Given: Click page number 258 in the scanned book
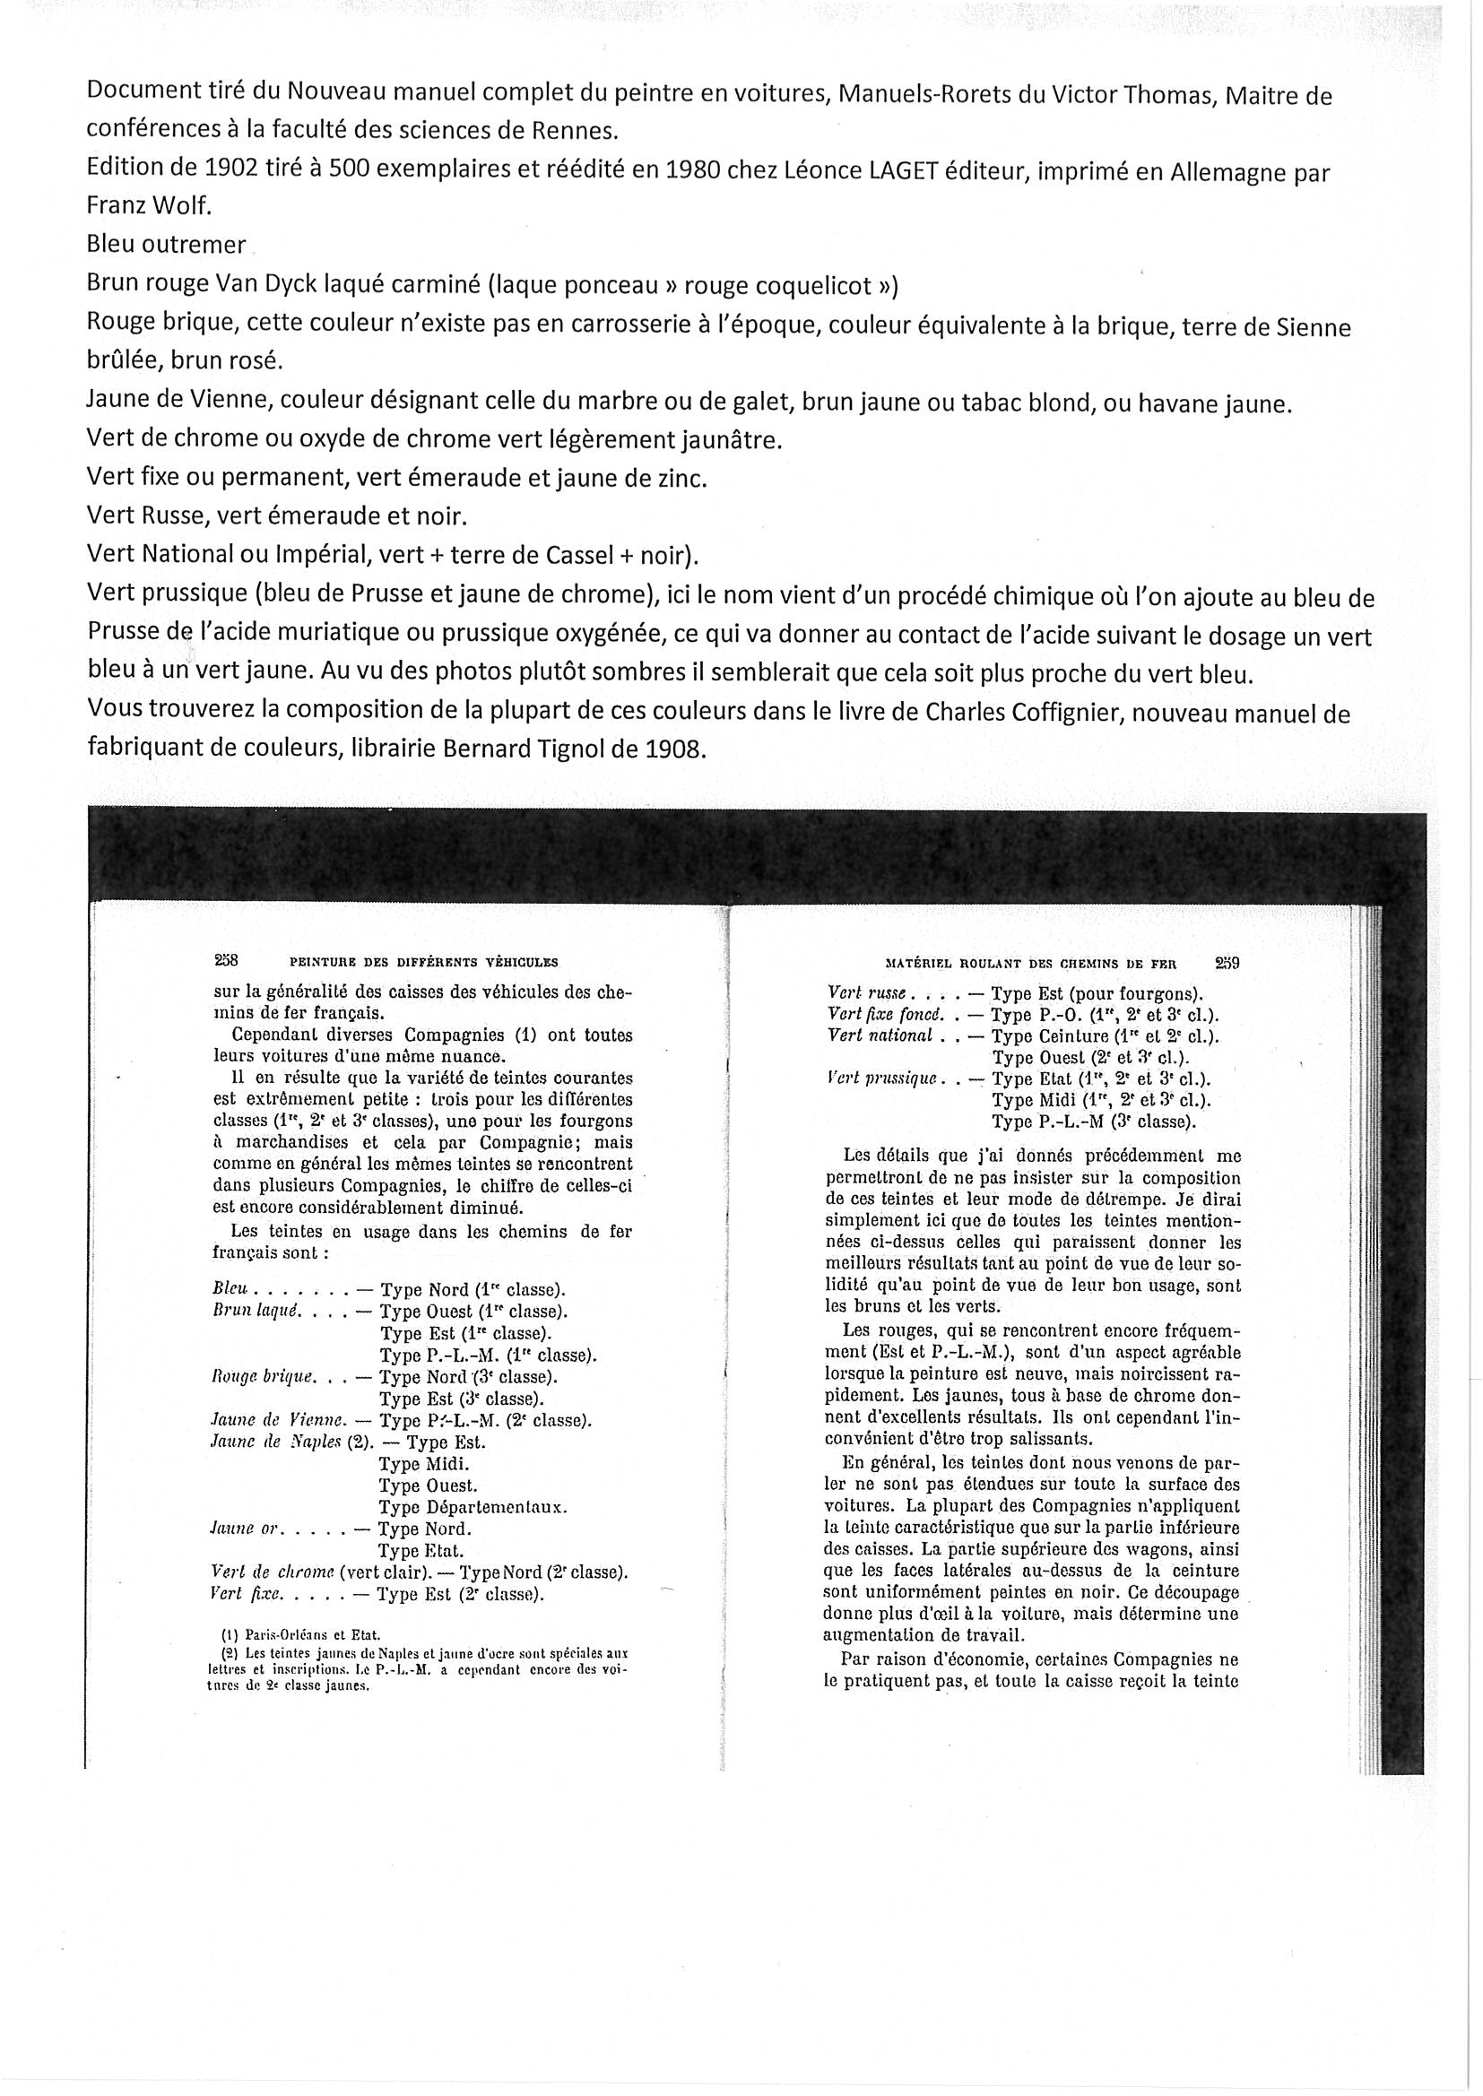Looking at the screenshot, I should pyautogui.click(x=226, y=959).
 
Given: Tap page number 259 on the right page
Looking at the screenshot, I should pyautogui.click(x=1227, y=961).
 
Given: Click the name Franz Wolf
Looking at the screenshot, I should pyautogui.click(x=149, y=206).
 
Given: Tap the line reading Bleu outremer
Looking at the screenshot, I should pyautogui.click(x=166, y=245).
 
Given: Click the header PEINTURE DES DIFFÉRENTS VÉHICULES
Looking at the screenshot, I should pyautogui.click(x=423, y=961).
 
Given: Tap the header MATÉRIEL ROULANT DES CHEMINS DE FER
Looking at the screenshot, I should pyautogui.click(x=1031, y=962).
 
